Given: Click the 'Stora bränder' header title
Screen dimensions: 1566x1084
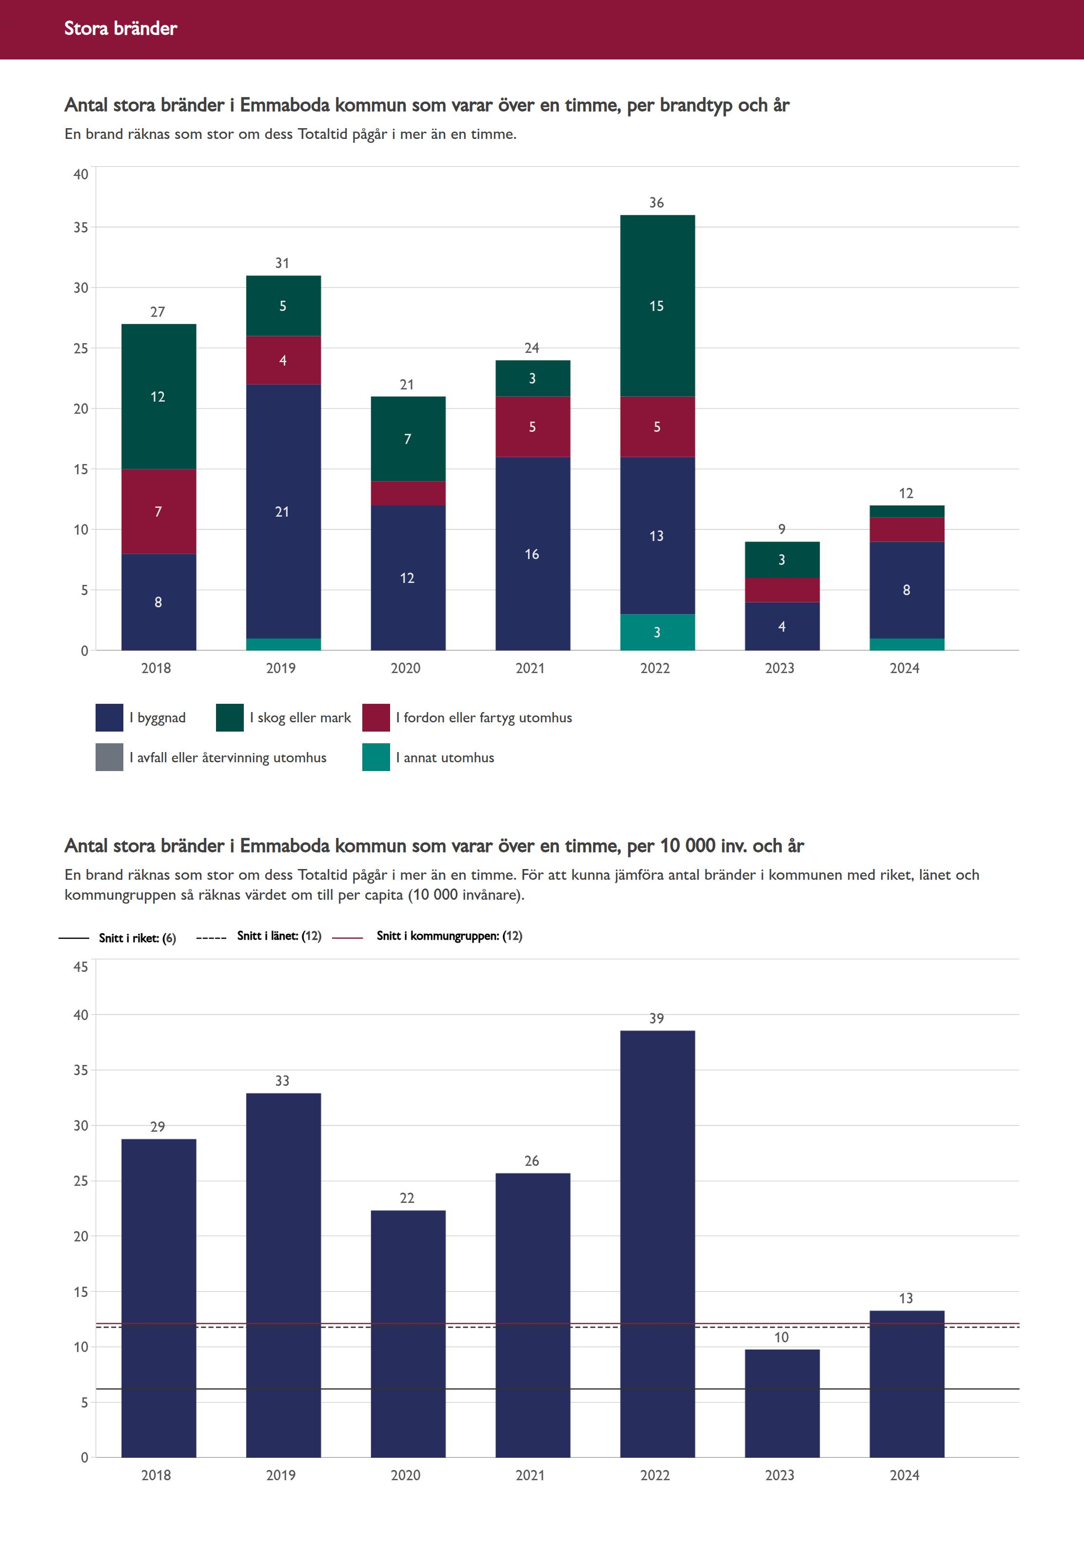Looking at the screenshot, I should point(120,28).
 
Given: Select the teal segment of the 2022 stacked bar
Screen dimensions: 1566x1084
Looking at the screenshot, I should point(657,632).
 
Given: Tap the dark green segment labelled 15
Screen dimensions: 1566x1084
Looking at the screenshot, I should point(657,306).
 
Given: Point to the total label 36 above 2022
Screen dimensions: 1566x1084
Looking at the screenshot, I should point(656,203).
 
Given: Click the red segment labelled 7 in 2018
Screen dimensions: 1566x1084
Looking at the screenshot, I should point(158,511).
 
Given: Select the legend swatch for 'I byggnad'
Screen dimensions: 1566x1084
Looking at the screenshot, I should point(109,717).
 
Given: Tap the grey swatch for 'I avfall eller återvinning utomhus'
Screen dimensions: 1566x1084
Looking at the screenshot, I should point(109,757).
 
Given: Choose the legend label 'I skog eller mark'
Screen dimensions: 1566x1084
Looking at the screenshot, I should point(300,717).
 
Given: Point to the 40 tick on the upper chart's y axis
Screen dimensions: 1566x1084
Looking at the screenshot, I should point(81,174).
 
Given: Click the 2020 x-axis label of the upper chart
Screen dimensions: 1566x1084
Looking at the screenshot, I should point(406,668).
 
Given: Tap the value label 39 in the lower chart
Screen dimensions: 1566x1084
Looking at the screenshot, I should point(656,1018).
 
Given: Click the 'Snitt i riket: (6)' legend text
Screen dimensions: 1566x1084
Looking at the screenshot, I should point(137,938).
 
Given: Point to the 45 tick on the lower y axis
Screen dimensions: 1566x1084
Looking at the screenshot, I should point(81,967).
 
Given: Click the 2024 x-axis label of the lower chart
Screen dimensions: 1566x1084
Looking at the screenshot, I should point(904,1475).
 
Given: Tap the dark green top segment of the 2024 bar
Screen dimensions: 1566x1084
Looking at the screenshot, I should point(907,511).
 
